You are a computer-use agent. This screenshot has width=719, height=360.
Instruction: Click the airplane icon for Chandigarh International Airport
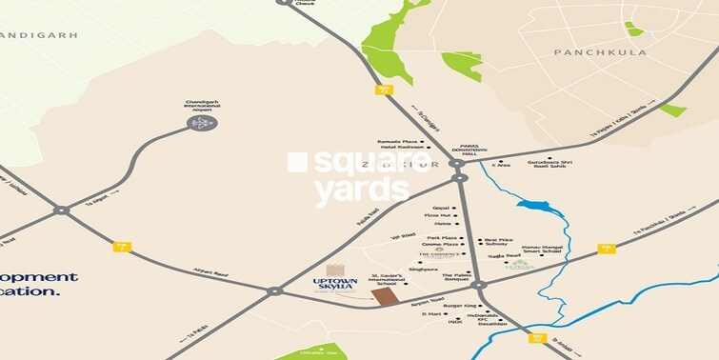point(202,122)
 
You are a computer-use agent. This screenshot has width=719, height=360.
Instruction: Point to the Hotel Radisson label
point(401,148)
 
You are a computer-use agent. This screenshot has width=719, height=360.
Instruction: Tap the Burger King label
point(460,306)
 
